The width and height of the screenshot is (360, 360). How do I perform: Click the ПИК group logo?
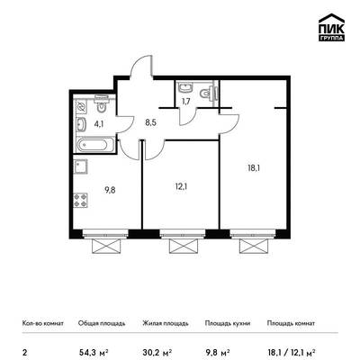pyautogui.click(x=331, y=27)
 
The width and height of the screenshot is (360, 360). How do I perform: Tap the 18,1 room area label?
pyautogui.click(x=254, y=168)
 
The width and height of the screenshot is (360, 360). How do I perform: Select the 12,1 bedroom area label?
pyautogui.click(x=182, y=187)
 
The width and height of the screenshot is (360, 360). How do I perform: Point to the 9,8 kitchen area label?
pyautogui.click(x=110, y=190)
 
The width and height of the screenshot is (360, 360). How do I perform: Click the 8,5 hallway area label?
pyautogui.click(x=151, y=122)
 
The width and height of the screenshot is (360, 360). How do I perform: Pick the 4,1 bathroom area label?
pyautogui.click(x=99, y=123)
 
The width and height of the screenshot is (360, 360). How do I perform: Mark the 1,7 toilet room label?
pyautogui.click(x=185, y=101)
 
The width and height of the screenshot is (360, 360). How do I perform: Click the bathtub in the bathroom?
pyautogui.click(x=92, y=145)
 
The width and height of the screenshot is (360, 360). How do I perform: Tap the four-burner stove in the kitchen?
pyautogui.click(x=81, y=201)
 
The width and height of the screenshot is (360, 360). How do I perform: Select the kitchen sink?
pyautogui.click(x=81, y=166)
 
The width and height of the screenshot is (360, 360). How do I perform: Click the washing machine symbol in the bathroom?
pyautogui.click(x=81, y=106)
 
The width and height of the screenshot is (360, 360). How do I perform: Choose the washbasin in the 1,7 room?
pyautogui.click(x=184, y=87)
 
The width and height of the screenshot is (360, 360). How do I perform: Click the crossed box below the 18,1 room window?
pyautogui.click(x=253, y=247)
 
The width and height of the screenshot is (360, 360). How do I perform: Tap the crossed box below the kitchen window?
pyautogui.click(x=106, y=247)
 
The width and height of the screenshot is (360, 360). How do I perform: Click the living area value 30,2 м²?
pyautogui.click(x=157, y=352)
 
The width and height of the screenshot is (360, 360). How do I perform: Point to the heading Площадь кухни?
pyautogui.click(x=228, y=323)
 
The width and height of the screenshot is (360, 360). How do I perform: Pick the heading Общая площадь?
pyautogui.click(x=102, y=323)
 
